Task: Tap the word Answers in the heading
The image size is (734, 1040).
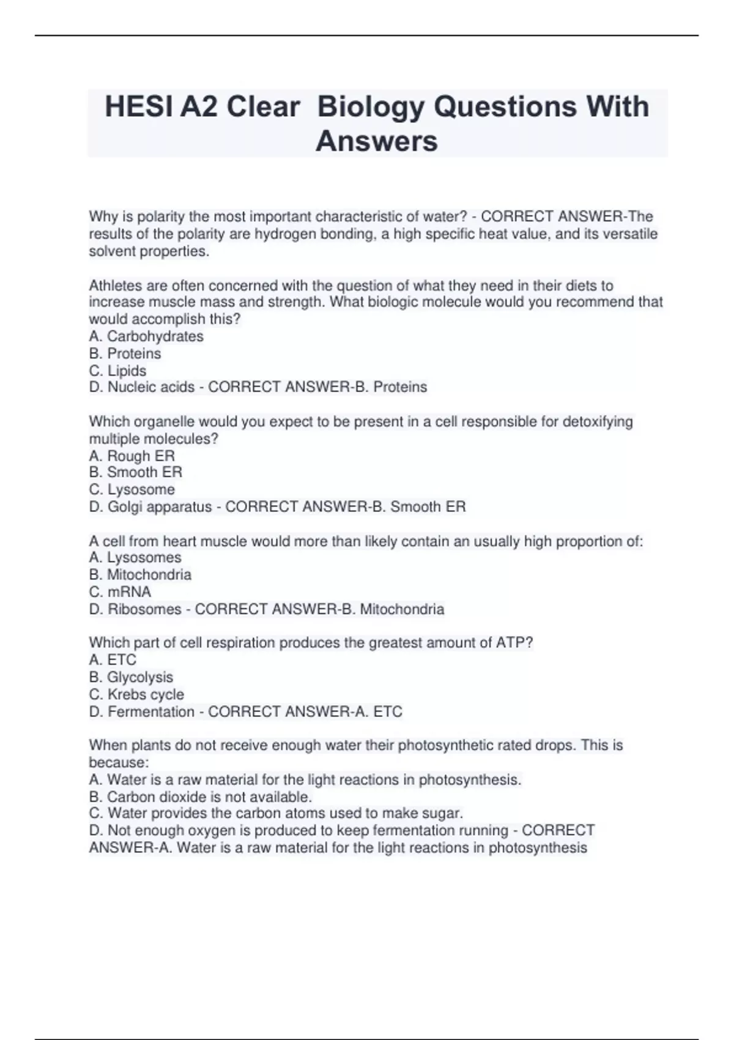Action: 376,141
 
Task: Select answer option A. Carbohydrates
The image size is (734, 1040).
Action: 146,336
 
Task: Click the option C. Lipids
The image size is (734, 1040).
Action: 117,371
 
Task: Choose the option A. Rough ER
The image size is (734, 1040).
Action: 132,456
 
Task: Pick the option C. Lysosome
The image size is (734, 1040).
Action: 132,489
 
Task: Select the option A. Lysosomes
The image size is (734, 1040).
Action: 135,557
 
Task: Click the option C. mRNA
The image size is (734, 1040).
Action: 120,592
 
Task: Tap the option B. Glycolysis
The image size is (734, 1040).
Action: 131,677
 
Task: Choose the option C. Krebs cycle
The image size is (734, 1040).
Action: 136,694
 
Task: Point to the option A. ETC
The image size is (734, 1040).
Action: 113,659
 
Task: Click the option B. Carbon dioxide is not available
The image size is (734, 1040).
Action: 201,797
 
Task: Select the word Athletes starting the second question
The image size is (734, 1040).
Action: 113,286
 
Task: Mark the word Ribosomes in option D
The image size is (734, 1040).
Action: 144,609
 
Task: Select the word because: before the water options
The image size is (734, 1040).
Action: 119,762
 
